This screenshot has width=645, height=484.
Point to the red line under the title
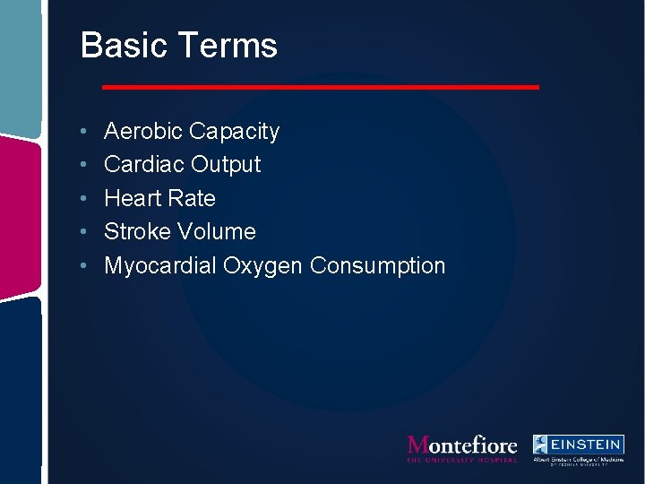tap(321, 87)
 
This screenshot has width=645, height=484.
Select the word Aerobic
tap(143, 132)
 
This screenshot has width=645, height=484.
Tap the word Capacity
tap(235, 133)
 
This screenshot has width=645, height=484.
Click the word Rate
tap(191, 198)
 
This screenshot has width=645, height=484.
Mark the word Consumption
tap(377, 265)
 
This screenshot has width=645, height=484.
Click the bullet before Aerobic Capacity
tap(82, 133)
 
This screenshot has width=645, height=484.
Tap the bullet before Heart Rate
tap(82, 199)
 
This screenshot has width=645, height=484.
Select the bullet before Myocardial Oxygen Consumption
tap(82, 266)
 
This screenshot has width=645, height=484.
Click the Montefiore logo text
tap(462, 445)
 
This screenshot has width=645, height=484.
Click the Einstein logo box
tap(579, 445)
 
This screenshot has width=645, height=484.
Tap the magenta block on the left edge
tap(20, 216)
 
